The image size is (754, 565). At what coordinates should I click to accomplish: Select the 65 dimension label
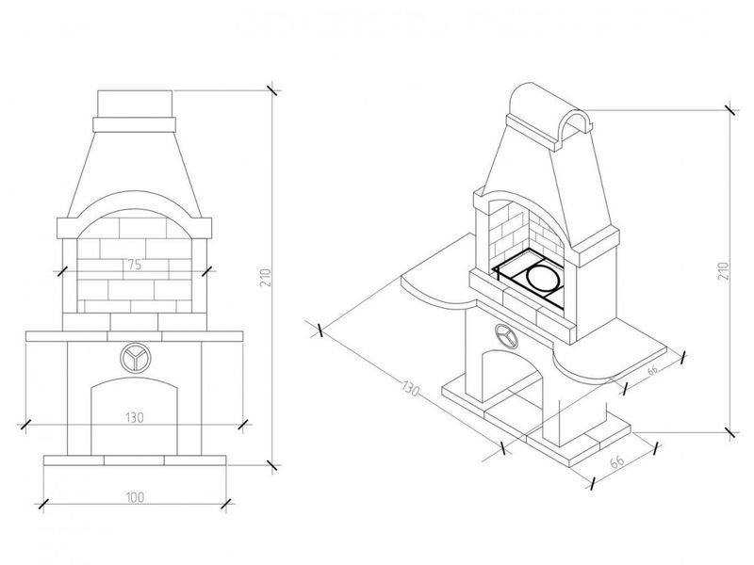[618, 462]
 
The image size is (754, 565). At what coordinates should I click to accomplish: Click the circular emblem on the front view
[134, 356]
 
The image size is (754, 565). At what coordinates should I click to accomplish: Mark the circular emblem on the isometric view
[505, 333]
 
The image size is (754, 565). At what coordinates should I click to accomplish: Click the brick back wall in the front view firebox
[134, 259]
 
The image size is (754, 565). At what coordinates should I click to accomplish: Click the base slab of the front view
[135, 460]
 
